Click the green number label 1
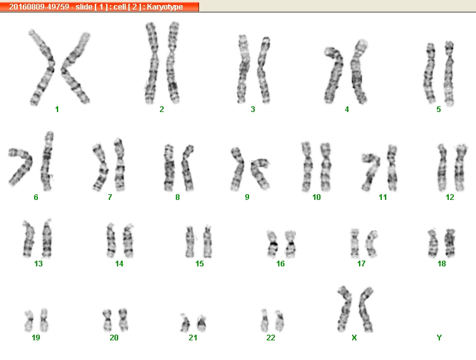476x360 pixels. pos(57,109)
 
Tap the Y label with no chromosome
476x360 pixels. pos(439,337)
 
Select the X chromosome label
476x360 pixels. pos(354,337)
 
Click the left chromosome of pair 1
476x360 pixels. pos(42,67)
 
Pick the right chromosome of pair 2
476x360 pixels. pos(173,62)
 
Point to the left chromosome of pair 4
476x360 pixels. pos(334,75)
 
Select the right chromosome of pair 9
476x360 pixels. pos(260,173)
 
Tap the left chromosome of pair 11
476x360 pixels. pos(371,171)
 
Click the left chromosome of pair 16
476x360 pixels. pos(273,244)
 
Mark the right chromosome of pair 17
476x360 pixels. pos(371,243)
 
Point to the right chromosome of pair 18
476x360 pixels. pos(450,242)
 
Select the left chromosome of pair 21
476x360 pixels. pos(185,323)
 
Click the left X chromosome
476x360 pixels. pos(345,308)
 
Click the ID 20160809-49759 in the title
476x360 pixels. pos(39,7)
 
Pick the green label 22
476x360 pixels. pos(271,337)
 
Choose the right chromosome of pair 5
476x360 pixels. pos(449,73)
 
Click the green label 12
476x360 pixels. pos(450,197)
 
